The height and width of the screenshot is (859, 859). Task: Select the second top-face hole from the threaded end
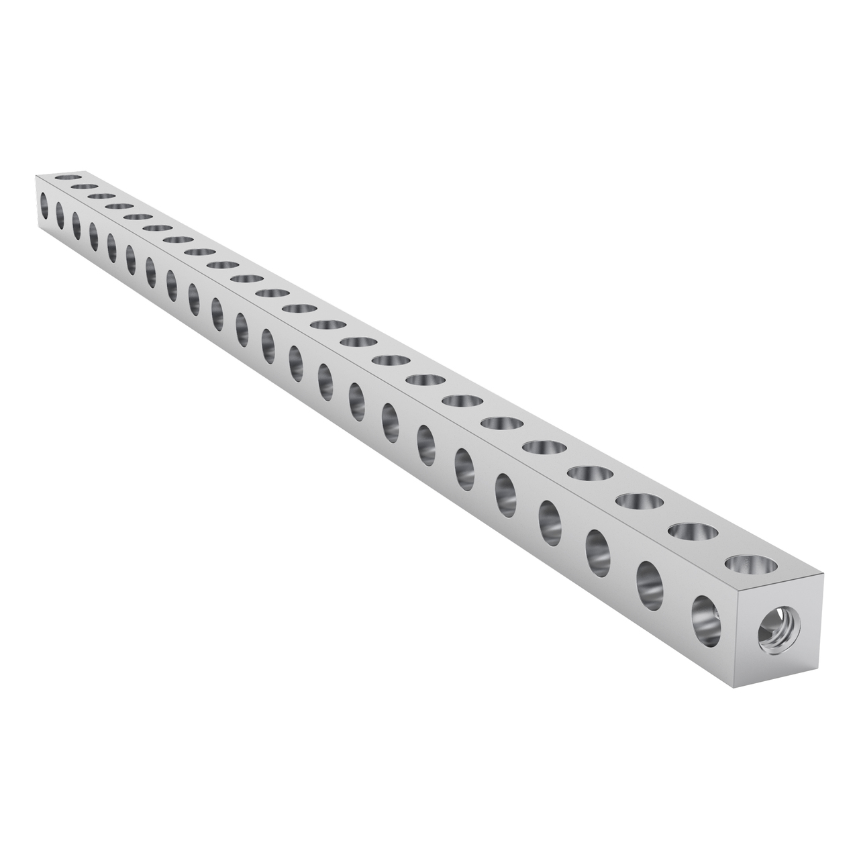tap(693, 532)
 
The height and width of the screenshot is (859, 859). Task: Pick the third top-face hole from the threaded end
tap(640, 501)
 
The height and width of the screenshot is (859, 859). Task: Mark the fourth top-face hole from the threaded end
tap(590, 473)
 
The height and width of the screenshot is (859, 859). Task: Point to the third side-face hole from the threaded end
tap(597, 544)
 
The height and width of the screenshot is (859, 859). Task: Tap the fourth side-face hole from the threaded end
tap(550, 513)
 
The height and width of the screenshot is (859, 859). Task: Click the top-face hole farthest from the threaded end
tap(68, 177)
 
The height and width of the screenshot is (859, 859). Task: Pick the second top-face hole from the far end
tap(85, 187)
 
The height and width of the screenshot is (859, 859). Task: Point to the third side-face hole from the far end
tap(77, 225)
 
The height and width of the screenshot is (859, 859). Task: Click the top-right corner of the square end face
tap(822, 574)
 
